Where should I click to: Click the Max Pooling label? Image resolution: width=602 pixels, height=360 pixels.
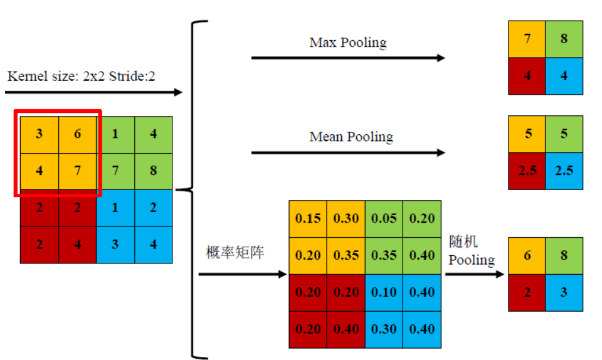pyautogui.click(x=348, y=42)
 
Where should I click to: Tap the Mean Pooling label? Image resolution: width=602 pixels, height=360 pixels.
pyautogui.click(x=351, y=137)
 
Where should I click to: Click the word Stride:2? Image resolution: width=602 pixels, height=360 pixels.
pyautogui.click(x=132, y=76)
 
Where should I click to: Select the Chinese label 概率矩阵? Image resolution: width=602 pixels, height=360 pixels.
pyautogui.click(x=235, y=252)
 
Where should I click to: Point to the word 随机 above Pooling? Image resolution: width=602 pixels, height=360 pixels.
pyautogui.click(x=463, y=242)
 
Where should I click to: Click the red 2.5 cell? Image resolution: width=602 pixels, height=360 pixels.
pyautogui.click(x=527, y=171)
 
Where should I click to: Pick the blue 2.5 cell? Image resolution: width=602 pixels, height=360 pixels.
pyautogui.click(x=564, y=171)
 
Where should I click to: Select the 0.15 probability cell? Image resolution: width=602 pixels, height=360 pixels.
pyautogui.click(x=308, y=219)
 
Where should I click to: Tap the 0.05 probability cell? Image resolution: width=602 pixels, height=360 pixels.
pyautogui.click(x=384, y=219)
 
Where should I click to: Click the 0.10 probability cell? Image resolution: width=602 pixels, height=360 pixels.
pyautogui.click(x=384, y=292)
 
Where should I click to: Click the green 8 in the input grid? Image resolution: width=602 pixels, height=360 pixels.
pyautogui.click(x=154, y=171)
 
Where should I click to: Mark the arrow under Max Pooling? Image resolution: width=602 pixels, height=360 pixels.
pyautogui.click(x=348, y=58)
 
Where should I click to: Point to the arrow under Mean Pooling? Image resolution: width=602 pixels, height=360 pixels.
pyautogui.click(x=348, y=153)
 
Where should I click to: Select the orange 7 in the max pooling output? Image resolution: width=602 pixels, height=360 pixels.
pyautogui.click(x=527, y=39)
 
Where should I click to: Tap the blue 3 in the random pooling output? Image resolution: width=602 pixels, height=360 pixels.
pyautogui.click(x=564, y=292)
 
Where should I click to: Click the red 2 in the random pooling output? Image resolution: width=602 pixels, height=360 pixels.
pyautogui.click(x=527, y=292)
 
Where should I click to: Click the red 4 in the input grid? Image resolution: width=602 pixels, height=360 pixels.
pyautogui.click(x=78, y=245)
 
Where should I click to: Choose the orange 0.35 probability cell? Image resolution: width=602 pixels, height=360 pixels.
pyautogui.click(x=346, y=256)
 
